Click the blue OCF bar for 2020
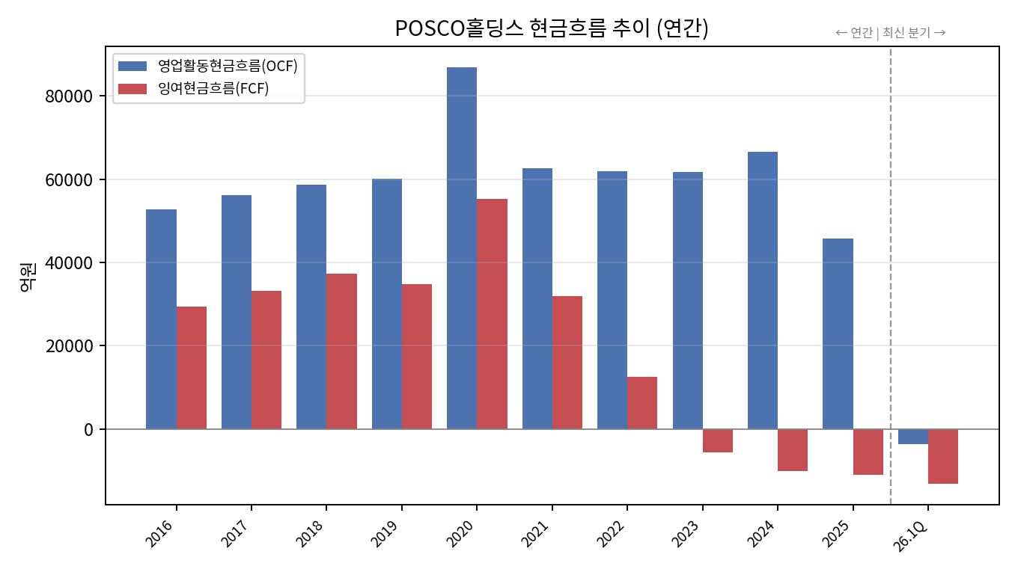pos(462,248)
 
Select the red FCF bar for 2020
pos(492,314)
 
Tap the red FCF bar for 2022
pos(642,403)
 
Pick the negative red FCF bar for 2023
pos(718,441)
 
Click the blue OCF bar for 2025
pos(838,334)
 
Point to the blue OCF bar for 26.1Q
pos(913,437)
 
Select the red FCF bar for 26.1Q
pos(943,456)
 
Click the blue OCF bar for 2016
pos(161,319)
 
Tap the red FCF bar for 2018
pos(341,351)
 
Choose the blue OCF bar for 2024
pos(763,291)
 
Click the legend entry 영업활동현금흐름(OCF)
pos(207,67)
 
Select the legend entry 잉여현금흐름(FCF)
pos(194,88)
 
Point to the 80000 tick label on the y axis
pos(69,96)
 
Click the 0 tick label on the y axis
pos(88,429)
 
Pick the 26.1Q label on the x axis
pos(909,535)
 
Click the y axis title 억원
pos(28,277)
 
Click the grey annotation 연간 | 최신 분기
pos(891,33)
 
